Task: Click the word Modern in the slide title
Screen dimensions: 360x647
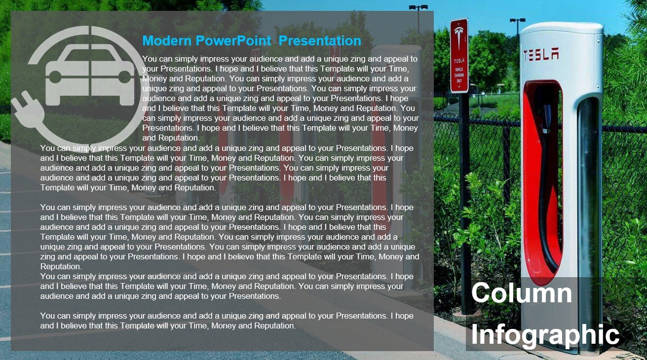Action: point(167,40)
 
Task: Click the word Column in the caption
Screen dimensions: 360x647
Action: point(521,293)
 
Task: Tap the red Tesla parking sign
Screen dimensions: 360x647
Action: point(459,56)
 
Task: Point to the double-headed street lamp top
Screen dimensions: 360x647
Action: point(418,7)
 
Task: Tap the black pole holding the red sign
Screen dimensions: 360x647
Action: point(464,197)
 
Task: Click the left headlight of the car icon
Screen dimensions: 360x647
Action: point(55,77)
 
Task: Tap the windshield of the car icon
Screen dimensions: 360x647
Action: point(90,55)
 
